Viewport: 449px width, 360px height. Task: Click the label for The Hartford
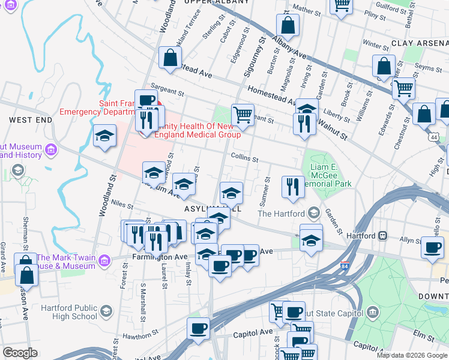(282, 214)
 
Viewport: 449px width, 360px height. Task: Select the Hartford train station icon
(381, 236)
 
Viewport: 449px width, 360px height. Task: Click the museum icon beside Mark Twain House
(106, 260)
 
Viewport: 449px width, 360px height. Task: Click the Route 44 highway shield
(433, 137)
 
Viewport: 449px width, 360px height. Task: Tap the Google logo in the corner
(20, 352)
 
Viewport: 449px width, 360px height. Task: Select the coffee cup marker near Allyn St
(432, 247)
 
